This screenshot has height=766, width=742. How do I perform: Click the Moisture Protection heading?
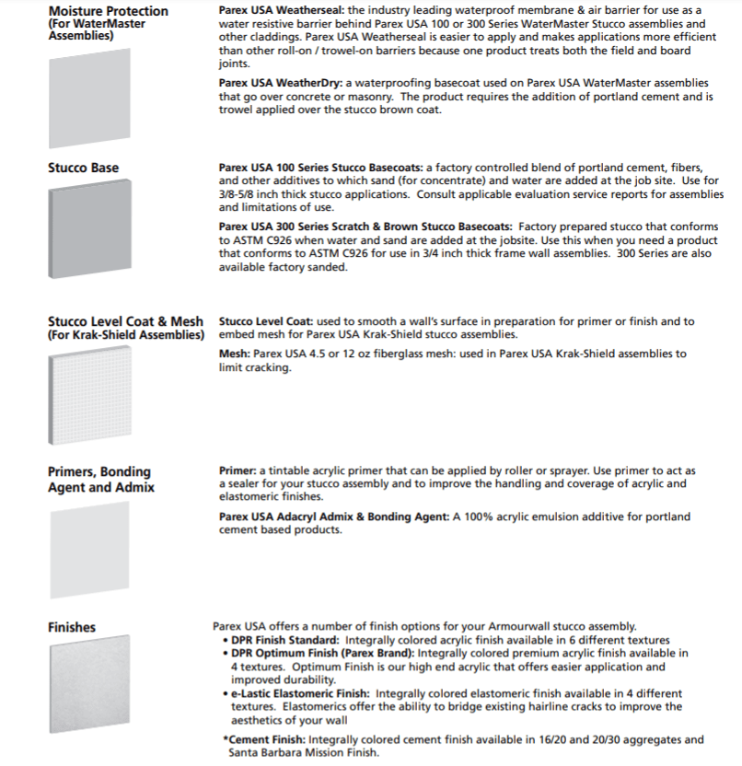[108, 11]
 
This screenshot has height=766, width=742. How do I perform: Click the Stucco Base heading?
[83, 168]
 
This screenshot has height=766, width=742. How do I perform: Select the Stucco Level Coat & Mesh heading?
[125, 321]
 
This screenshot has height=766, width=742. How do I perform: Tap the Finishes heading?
[72, 627]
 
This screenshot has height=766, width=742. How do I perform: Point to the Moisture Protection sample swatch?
[87, 88]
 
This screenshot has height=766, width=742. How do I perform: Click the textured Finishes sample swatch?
[87, 691]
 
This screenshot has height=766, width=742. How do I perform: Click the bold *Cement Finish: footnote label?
[265, 738]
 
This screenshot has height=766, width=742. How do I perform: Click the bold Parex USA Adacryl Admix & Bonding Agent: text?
[333, 516]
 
